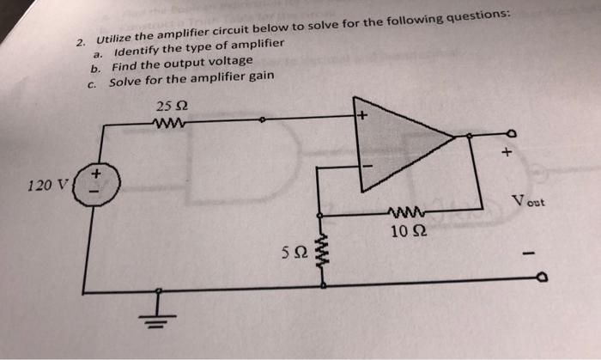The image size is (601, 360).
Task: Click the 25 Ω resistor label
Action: tap(170, 107)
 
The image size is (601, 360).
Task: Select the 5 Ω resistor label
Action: tap(291, 252)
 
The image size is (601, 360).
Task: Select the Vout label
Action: tap(527, 203)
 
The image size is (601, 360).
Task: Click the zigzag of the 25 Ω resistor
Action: tap(170, 123)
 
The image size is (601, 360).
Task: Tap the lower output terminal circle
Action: tap(540, 278)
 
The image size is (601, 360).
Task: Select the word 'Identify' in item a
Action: tap(139, 49)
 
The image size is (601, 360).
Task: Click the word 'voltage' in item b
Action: tap(230, 61)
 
